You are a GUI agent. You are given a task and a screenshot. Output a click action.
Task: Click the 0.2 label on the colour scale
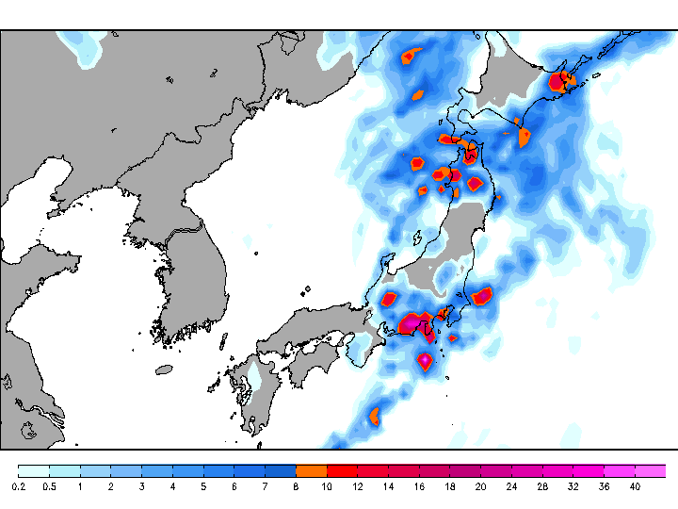click(x=19, y=486)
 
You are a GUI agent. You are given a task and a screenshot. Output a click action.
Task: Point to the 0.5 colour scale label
click(x=50, y=486)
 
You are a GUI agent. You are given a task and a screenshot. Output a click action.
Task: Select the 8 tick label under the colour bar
click(x=296, y=486)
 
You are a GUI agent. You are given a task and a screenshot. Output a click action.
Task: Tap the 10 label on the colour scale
click(x=327, y=486)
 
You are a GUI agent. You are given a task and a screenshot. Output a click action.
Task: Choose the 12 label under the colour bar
click(x=358, y=486)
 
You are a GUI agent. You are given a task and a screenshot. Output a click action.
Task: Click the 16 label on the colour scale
click(x=419, y=486)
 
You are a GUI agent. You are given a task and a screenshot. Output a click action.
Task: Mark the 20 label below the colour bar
click(x=480, y=486)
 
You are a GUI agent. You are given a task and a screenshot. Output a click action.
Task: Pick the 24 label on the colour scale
click(x=511, y=486)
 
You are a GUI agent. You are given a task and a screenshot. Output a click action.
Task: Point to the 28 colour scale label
click(x=542, y=486)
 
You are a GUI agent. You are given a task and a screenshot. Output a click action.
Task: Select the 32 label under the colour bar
click(x=573, y=486)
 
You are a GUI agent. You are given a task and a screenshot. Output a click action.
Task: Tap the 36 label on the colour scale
click(x=604, y=486)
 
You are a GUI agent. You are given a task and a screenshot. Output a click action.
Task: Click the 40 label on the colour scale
click(x=635, y=486)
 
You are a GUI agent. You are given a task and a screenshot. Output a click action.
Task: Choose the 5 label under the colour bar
click(x=203, y=486)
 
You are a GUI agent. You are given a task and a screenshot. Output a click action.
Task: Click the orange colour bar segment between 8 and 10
click(x=311, y=470)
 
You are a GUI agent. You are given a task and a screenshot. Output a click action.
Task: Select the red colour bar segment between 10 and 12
click(x=342, y=470)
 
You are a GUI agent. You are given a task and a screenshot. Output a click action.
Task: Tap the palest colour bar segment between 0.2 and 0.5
click(x=34, y=470)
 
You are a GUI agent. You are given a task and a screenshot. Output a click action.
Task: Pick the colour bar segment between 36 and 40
click(x=619, y=470)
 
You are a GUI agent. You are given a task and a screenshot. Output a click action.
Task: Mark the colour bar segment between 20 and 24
click(x=495, y=470)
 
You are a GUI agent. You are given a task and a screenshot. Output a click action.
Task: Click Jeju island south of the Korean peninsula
click(x=166, y=369)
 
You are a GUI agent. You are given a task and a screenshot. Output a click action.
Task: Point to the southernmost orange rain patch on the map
click(x=374, y=415)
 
